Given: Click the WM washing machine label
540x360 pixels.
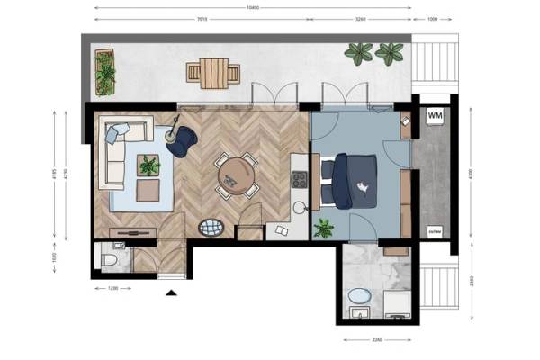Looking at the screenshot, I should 436,116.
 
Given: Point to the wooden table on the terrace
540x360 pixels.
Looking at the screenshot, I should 213,73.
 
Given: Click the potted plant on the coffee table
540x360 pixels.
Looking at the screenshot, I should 148,165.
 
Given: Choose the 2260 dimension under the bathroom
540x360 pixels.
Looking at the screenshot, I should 378,339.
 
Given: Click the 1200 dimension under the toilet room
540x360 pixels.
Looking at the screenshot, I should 112,289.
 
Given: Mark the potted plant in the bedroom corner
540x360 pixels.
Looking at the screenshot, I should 322,228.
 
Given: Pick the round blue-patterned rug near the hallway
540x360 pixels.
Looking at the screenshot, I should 211,227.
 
